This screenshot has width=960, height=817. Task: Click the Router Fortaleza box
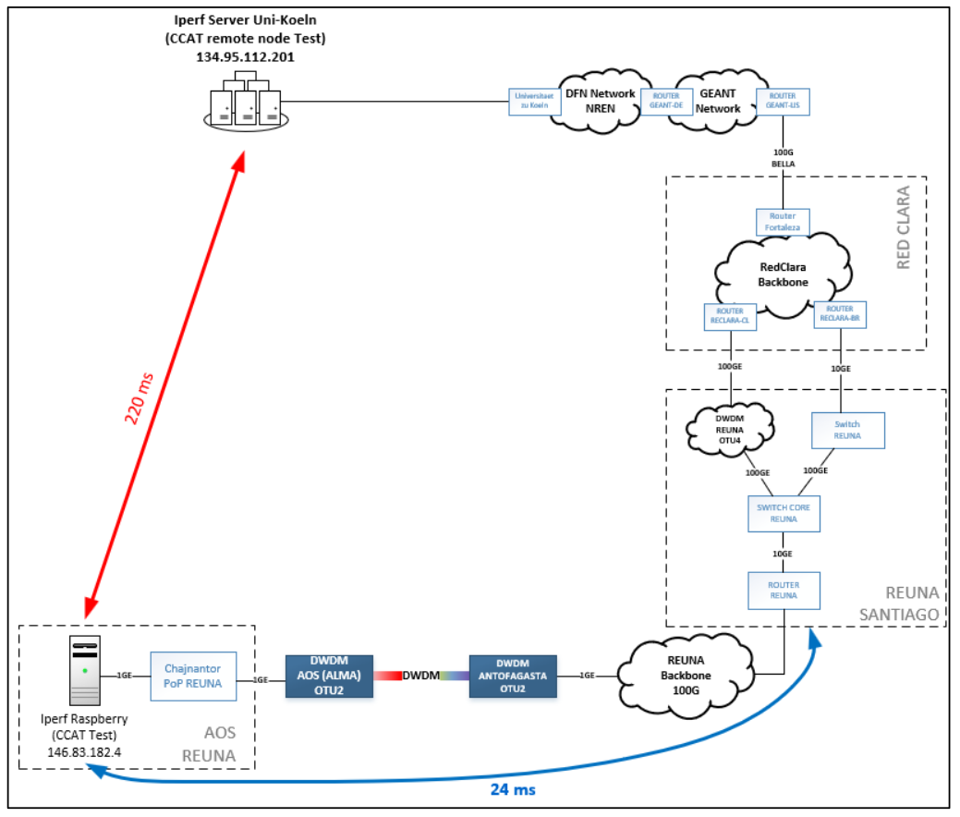click(x=784, y=222)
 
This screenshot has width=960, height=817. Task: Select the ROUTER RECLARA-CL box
click(x=731, y=317)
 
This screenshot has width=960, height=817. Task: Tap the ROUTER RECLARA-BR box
click(x=840, y=314)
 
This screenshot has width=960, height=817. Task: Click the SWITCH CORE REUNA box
click(x=784, y=513)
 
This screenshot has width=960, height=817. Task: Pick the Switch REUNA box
click(x=847, y=430)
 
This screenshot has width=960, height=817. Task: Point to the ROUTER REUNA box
click(x=784, y=591)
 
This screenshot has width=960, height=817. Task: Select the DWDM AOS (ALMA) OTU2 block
click(x=329, y=677)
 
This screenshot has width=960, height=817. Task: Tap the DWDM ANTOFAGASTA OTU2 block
click(x=513, y=677)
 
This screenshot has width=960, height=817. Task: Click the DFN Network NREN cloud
click(x=600, y=101)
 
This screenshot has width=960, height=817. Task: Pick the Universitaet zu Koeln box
click(x=535, y=102)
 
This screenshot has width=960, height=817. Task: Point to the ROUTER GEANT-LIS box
click(x=783, y=102)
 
